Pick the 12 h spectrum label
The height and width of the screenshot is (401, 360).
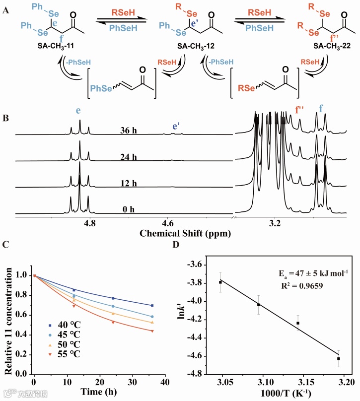(x=129, y=184)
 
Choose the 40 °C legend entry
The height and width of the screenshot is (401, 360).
(x=68, y=326)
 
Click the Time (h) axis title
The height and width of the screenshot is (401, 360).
(x=98, y=392)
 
